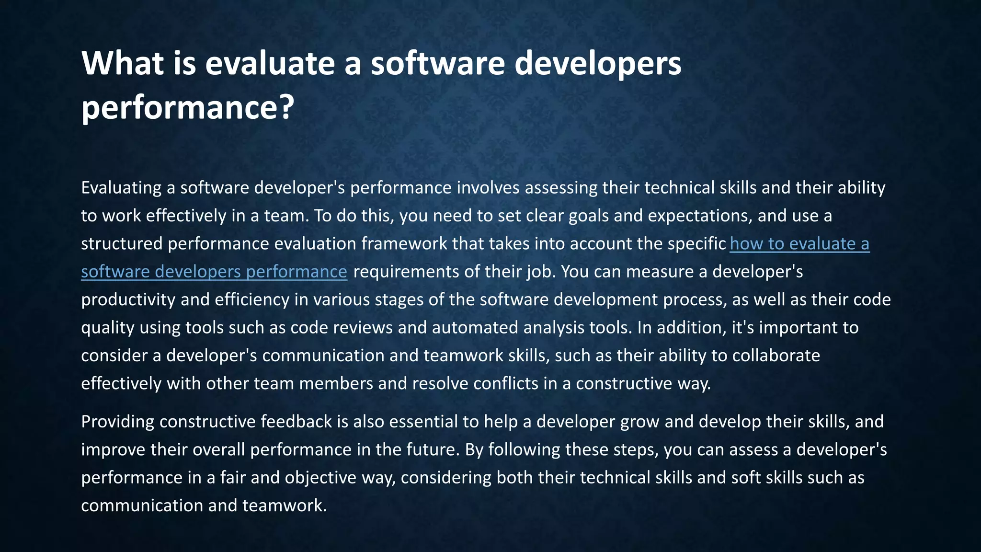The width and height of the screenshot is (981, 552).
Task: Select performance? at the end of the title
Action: [x=187, y=107]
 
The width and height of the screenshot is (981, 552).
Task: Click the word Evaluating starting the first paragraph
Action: [x=121, y=188]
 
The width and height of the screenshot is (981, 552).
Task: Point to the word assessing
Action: [x=561, y=188]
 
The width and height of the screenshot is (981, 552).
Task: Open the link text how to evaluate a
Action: [x=799, y=244]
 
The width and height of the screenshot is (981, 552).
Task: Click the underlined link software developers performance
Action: [x=214, y=272]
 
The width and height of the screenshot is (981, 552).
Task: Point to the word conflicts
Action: [x=506, y=383]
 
